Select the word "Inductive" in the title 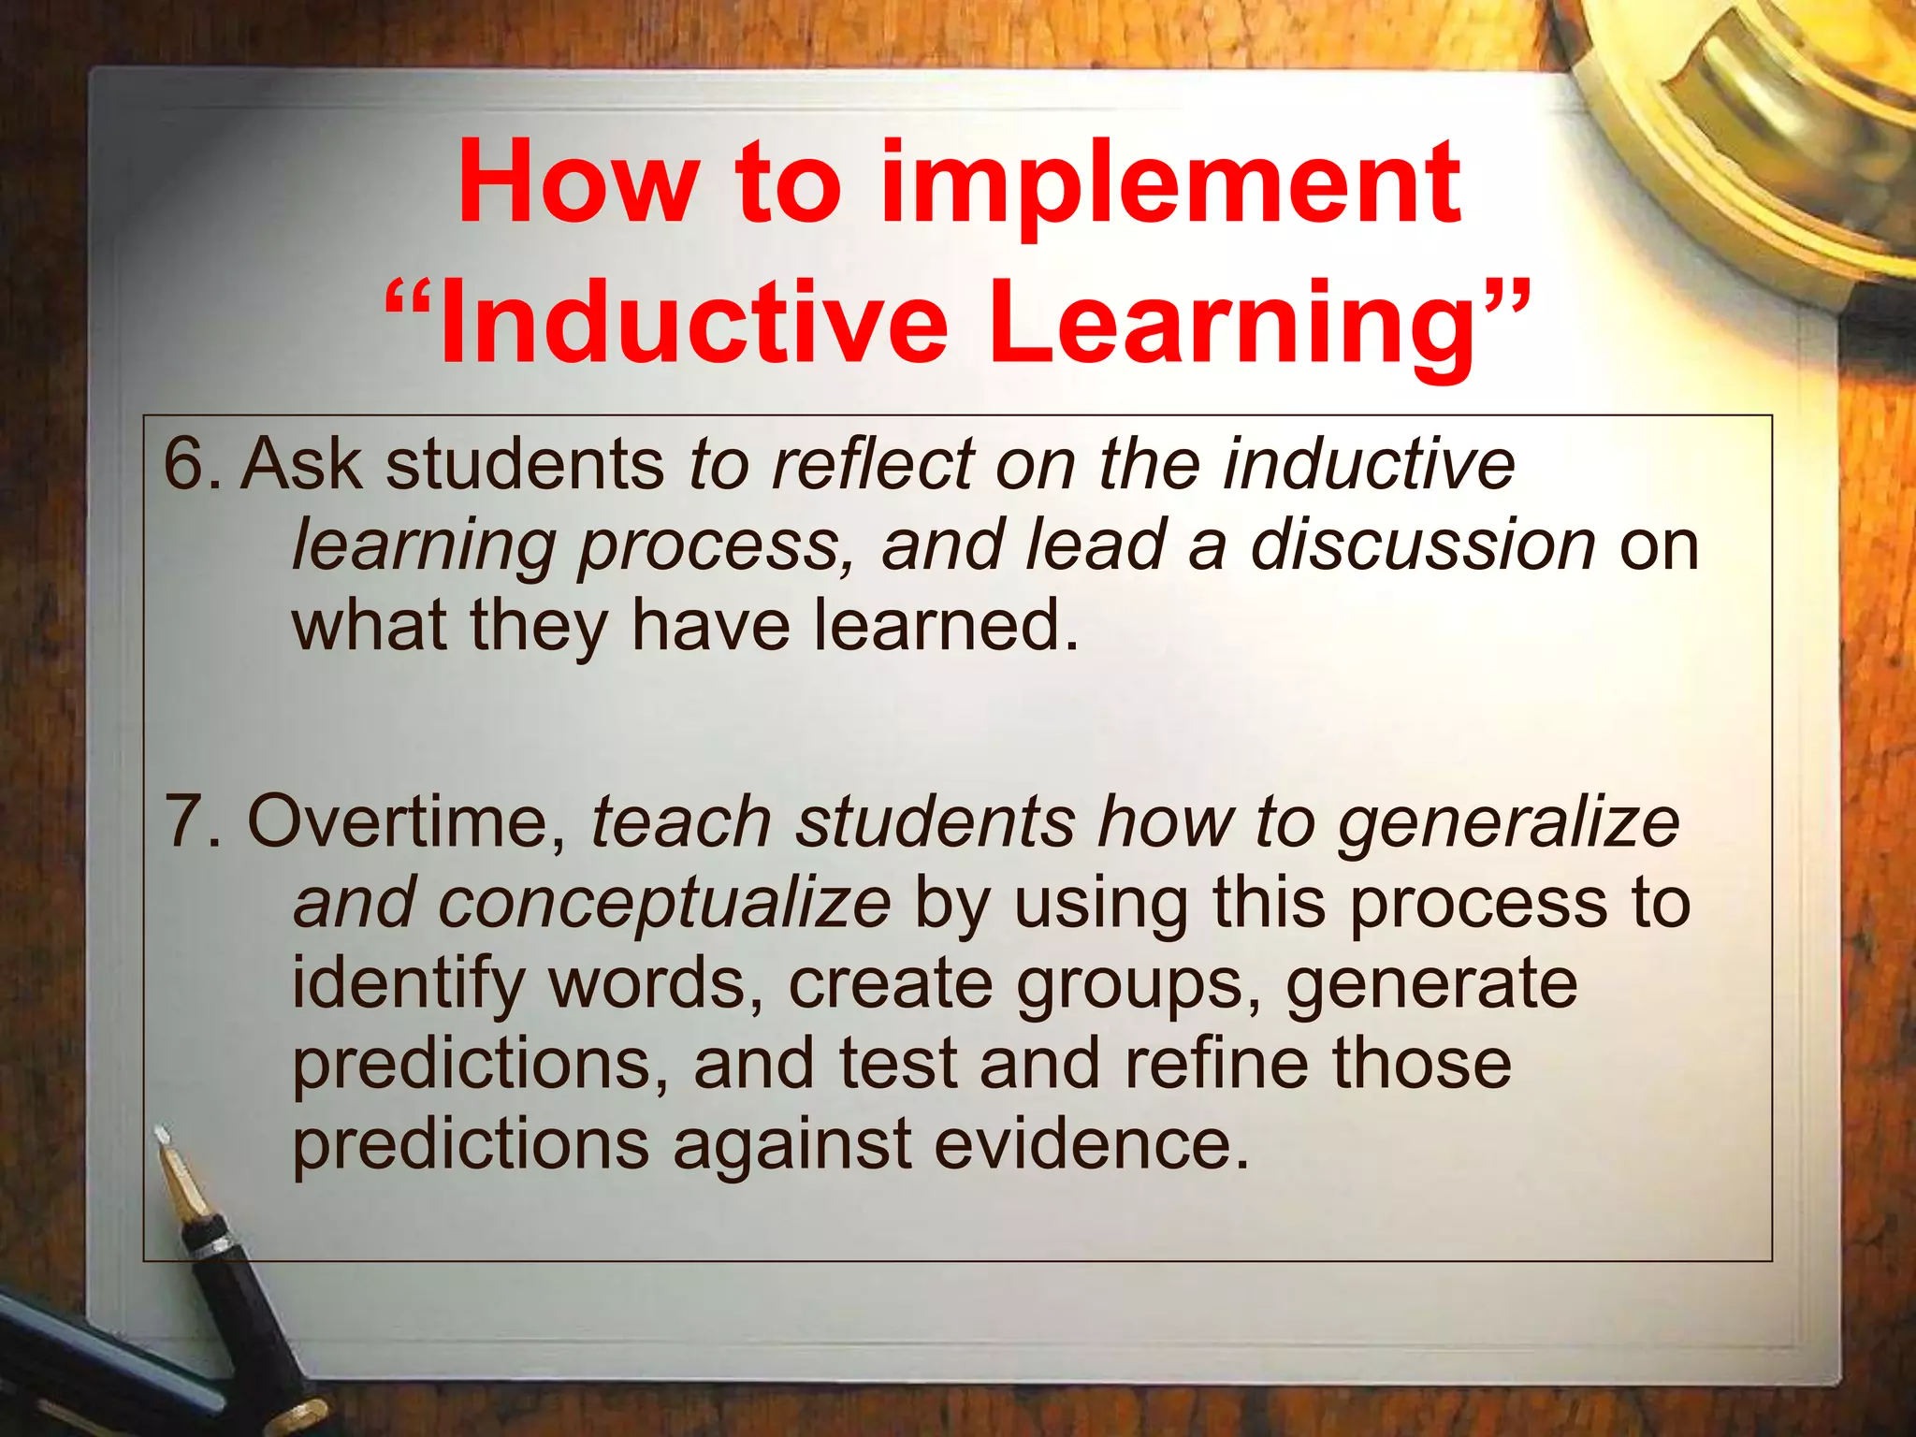click(x=692, y=324)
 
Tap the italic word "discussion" click(x=1422, y=544)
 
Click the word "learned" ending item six click(x=936, y=625)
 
